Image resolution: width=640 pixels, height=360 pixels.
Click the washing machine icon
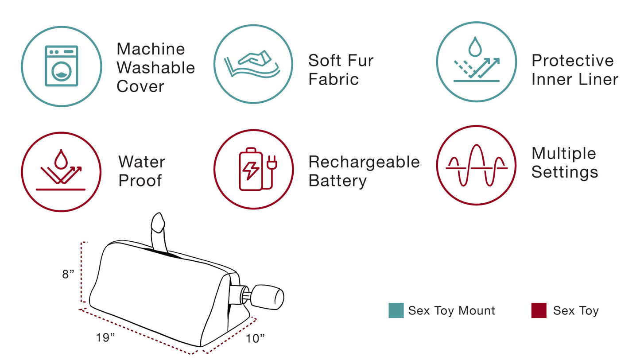(x=61, y=66)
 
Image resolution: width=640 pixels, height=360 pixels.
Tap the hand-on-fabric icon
(x=252, y=64)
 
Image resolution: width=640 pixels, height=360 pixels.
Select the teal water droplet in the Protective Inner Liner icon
(x=475, y=46)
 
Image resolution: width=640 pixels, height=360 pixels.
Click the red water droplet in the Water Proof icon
(x=61, y=159)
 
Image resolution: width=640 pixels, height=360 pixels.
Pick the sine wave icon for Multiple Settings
(x=476, y=165)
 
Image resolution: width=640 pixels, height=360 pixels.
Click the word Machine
(x=151, y=49)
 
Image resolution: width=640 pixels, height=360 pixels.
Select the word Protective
(x=572, y=60)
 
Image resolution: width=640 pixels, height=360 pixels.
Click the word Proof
(x=140, y=181)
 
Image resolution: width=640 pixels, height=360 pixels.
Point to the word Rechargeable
(x=364, y=162)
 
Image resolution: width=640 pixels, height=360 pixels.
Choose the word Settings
(x=565, y=172)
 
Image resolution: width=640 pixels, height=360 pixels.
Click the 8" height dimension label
(x=68, y=275)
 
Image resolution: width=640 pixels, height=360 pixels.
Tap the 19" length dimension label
(x=105, y=337)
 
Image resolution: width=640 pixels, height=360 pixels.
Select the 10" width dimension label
(x=255, y=338)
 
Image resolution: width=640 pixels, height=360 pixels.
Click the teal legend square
(x=396, y=310)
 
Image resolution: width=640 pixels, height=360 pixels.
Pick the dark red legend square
(x=539, y=310)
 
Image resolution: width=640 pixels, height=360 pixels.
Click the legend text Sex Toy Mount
(x=451, y=311)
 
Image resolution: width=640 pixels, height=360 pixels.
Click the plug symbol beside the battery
(x=272, y=165)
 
